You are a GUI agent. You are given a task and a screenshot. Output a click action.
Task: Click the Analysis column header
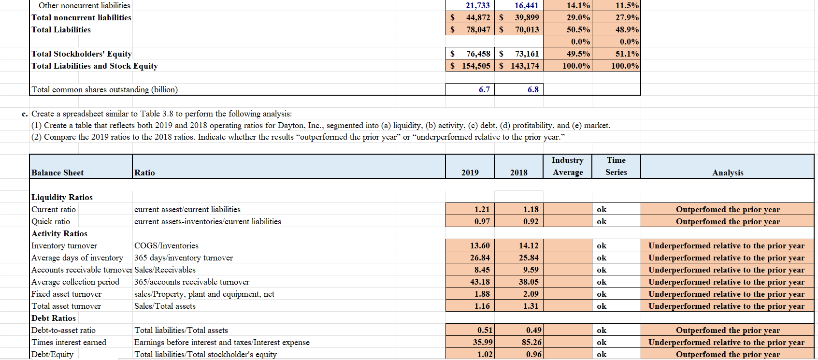click(x=727, y=173)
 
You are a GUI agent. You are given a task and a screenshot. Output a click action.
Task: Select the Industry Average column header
click(x=567, y=166)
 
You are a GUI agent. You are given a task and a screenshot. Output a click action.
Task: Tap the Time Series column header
click(x=616, y=166)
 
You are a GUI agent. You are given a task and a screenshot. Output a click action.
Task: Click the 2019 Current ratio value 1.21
click(x=482, y=209)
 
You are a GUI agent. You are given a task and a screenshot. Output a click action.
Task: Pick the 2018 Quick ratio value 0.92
click(x=531, y=221)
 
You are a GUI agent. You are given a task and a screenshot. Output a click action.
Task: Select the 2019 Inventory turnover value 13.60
click(x=480, y=245)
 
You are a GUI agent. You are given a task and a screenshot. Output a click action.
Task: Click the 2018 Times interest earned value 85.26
click(x=531, y=342)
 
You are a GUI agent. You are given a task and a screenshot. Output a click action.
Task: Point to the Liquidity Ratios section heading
click(x=62, y=197)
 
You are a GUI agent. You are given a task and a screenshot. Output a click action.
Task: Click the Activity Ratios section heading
click(x=59, y=233)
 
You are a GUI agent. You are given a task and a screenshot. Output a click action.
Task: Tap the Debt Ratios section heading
click(x=54, y=318)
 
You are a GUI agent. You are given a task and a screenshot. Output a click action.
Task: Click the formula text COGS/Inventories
click(x=166, y=245)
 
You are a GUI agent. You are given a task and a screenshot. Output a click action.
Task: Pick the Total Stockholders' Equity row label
click(x=82, y=54)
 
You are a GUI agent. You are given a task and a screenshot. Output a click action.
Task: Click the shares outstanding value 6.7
click(x=484, y=89)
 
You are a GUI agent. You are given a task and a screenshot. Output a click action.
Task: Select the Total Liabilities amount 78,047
click(x=478, y=29)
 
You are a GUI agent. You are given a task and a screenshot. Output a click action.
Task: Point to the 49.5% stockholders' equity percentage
click(x=578, y=54)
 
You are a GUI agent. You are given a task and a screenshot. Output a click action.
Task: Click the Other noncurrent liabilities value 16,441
click(x=526, y=5)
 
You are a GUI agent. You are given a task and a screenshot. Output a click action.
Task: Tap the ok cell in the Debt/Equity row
click(x=602, y=354)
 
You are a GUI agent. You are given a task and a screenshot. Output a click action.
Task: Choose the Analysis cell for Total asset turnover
click(x=726, y=306)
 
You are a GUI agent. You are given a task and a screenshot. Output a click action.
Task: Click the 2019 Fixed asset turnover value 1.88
click(x=482, y=294)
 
